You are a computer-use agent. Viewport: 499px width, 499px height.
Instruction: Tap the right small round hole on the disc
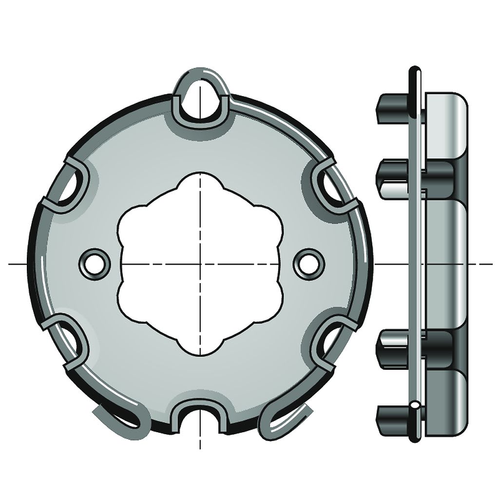[x=308, y=264]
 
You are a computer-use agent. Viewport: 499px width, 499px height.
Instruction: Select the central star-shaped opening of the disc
[x=200, y=263]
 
